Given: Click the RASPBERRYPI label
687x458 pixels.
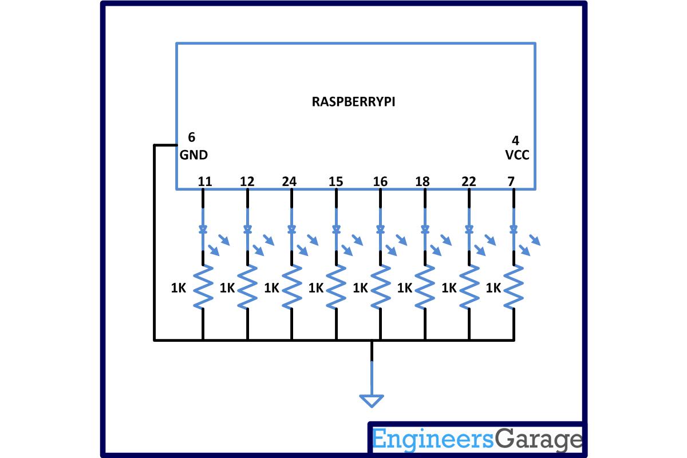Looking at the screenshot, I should (353, 102).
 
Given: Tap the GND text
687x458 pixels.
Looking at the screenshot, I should (194, 155).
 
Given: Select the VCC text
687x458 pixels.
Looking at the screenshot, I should (517, 155).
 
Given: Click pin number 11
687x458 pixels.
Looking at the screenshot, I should (205, 182).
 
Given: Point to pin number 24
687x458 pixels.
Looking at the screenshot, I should (290, 182).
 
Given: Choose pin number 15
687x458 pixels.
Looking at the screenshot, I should (336, 182).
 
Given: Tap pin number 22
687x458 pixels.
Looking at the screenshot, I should (468, 182).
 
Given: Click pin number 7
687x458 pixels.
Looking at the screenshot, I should (511, 182).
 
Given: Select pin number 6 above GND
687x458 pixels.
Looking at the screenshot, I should (191, 137).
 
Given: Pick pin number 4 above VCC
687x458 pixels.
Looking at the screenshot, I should (515, 140).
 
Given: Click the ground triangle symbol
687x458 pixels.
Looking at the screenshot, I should (372, 401).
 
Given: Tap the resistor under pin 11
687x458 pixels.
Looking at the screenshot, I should (203, 287).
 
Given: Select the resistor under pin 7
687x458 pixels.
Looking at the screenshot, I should (513, 287).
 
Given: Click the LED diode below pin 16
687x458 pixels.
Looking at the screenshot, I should (380, 230).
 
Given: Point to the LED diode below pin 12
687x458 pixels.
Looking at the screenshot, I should (247, 230).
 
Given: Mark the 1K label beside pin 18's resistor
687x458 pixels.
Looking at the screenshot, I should (405, 288).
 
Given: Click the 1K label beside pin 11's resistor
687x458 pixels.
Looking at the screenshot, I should (179, 288).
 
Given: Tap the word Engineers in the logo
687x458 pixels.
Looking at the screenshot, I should (432, 440).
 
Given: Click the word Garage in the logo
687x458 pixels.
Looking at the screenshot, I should (538, 440).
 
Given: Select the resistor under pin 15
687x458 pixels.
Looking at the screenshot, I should (336, 287).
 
